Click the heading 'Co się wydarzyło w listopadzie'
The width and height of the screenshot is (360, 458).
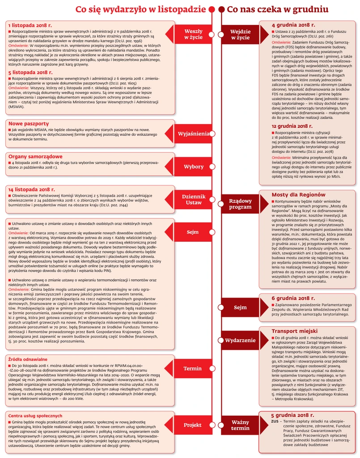coord(141,9)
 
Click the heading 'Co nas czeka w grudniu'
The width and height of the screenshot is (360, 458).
coord(275,9)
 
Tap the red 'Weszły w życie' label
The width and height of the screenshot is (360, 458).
coord(193,35)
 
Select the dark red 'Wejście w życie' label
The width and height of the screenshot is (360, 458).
coord(240,35)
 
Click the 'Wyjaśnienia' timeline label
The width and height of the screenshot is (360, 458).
coord(193,134)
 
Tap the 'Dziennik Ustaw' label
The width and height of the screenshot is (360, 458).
coord(193,199)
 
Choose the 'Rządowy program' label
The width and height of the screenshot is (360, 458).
coord(240,204)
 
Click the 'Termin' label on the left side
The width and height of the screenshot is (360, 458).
coord(193,369)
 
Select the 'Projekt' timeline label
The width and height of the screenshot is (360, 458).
coord(193,425)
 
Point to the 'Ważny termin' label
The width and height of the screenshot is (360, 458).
coord(240,425)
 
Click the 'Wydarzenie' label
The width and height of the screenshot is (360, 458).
coord(240,340)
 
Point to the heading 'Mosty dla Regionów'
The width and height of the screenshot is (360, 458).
coord(298,195)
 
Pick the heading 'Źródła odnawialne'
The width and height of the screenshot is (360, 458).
coord(28,346)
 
